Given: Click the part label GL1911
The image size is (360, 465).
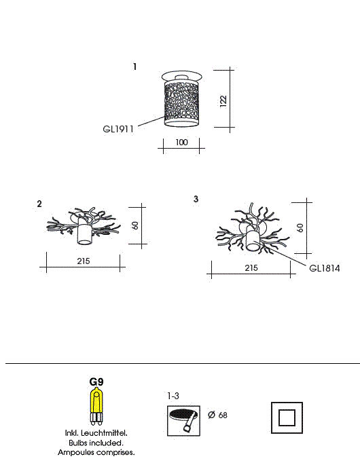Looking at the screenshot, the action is [118, 129].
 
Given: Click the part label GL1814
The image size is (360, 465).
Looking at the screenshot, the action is [325, 268].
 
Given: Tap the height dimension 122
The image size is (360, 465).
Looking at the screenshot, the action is [223, 101].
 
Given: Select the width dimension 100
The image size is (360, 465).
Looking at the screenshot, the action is [181, 143].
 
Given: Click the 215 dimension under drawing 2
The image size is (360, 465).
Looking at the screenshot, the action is [84, 261].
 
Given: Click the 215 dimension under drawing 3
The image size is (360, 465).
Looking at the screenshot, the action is [251, 268].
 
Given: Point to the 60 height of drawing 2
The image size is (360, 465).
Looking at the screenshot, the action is [135, 225].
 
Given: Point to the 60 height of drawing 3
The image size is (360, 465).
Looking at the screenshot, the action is [300, 228].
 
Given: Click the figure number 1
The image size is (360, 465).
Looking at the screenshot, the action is [135, 67].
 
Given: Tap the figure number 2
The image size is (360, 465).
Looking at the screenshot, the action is [39, 204].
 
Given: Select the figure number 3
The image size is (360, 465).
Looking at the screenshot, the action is [196, 199].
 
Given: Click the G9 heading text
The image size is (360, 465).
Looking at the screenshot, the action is [96, 382].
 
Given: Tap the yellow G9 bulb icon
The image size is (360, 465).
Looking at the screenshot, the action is [96, 407].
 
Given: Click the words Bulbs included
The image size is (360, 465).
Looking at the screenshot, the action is [96, 443].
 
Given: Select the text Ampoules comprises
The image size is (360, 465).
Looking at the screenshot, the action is [96, 453].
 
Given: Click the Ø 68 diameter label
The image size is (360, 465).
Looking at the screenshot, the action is [217, 415].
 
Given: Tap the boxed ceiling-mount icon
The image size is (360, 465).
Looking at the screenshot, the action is [183, 421].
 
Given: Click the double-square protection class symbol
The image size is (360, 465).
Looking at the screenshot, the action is [287, 417].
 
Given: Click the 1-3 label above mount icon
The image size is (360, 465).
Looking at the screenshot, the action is [173, 396].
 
